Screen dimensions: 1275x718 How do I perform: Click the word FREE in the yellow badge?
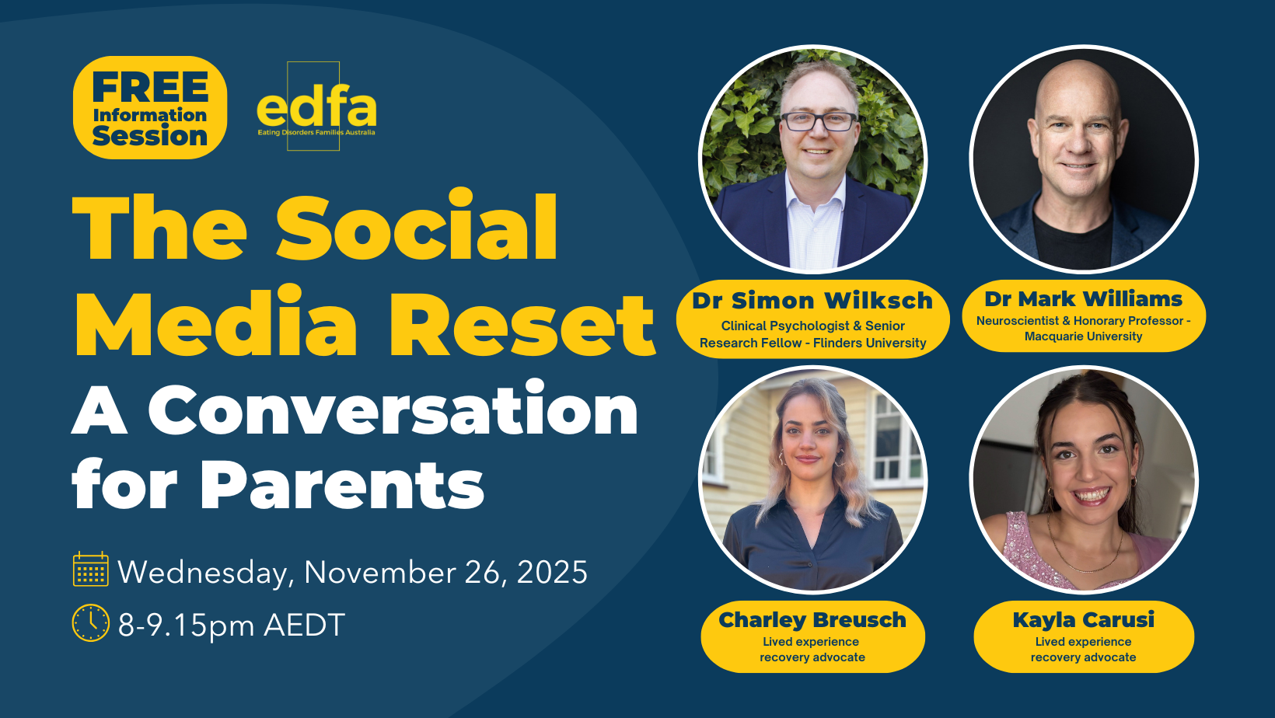(150, 87)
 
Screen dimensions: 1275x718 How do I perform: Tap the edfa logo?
(316, 107)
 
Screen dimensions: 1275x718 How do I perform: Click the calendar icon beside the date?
(90, 568)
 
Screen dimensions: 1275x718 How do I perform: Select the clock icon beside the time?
(90, 623)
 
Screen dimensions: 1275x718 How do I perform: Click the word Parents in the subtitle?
(342, 484)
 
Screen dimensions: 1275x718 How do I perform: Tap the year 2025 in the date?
(551, 572)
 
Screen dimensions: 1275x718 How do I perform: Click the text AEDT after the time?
(304, 625)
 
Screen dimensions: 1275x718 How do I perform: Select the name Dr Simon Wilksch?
(812, 301)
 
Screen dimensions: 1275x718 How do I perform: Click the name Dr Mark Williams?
(1083, 298)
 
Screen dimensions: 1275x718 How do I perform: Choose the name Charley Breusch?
(812, 619)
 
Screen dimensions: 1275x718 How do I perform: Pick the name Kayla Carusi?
(1083, 619)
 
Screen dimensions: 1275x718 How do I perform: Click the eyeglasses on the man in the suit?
(819, 121)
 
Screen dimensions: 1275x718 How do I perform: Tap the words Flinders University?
(869, 343)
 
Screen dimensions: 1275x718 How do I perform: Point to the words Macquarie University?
(1083, 336)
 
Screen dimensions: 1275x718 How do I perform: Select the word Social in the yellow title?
(417, 227)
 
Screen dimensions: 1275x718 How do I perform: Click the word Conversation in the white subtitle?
(393, 410)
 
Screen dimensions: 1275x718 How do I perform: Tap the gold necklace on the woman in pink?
(1085, 553)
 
